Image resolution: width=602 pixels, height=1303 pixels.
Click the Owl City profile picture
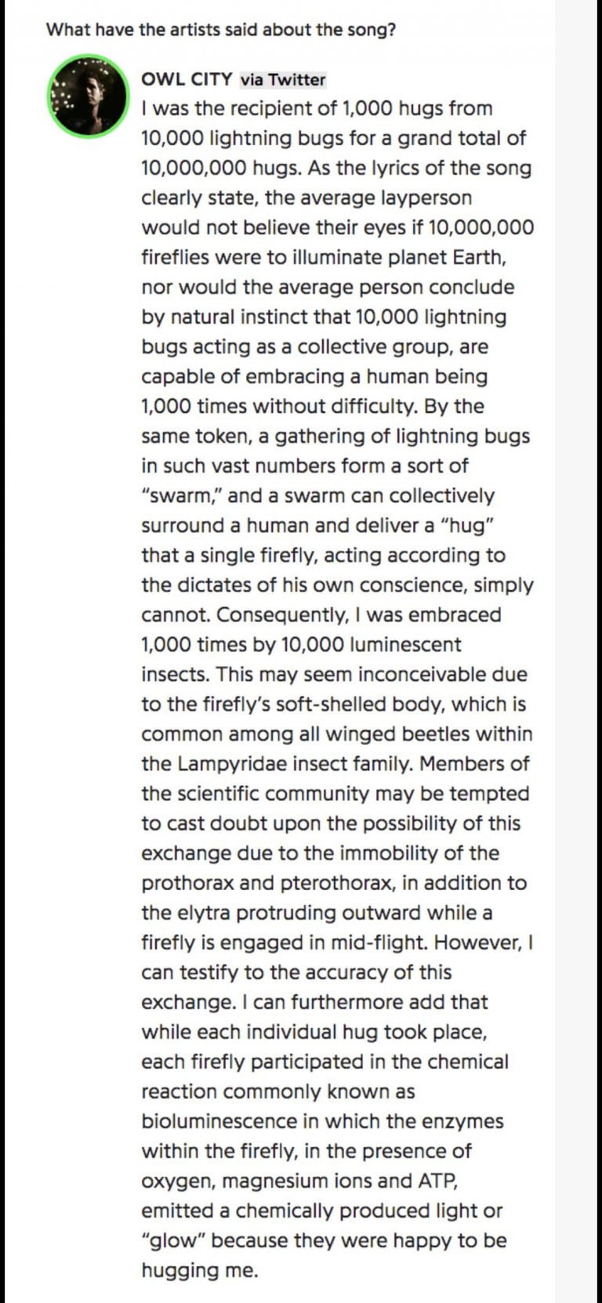88,96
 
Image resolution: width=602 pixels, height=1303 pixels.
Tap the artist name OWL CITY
187,79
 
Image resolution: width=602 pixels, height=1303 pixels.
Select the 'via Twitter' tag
282,79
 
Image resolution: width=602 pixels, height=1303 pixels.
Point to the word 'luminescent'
402,644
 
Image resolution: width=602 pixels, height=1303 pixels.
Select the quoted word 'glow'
172,1240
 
